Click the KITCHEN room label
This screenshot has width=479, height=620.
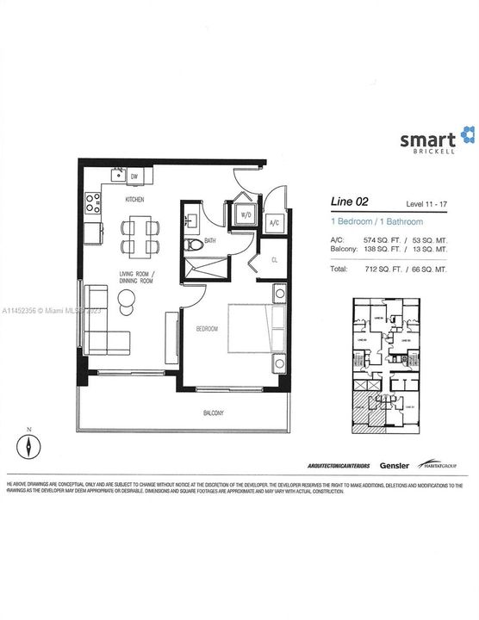pos(134,199)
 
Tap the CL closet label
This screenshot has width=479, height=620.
pos(273,257)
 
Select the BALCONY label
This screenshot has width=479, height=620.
pos(213,413)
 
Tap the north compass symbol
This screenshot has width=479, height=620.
pos(28,447)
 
